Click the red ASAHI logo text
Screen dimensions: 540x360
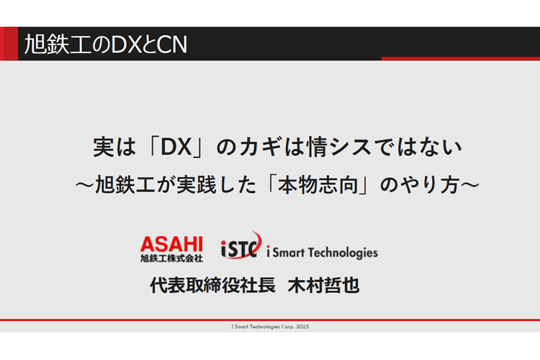171,244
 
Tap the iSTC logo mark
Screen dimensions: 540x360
240,246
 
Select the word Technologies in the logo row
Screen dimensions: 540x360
343,253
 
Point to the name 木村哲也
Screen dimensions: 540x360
323,286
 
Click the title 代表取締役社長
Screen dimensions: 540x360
212,286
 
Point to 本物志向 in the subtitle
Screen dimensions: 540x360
318,184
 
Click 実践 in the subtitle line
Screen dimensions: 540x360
197,184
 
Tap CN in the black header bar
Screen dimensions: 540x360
172,45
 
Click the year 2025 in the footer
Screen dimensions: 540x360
302,327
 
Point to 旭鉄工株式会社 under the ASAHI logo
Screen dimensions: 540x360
171,258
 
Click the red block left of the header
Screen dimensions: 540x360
9,44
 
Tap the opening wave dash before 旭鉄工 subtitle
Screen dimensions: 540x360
85,185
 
